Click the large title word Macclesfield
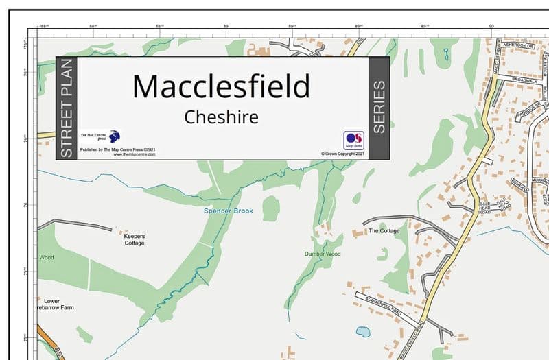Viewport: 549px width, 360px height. point(221,86)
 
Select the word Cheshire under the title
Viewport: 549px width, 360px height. point(221,117)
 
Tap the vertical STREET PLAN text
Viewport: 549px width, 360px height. point(67,108)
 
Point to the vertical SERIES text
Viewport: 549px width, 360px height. point(379,108)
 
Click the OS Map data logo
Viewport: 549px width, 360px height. point(353,140)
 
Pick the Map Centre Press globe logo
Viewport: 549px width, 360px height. point(114,136)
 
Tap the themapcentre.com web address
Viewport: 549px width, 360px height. point(135,154)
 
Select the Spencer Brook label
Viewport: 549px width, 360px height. point(228,210)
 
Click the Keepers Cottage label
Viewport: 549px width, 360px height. point(135,239)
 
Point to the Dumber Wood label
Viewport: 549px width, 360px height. point(323,254)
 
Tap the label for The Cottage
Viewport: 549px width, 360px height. point(384,231)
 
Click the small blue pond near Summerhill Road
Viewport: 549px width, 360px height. point(363,332)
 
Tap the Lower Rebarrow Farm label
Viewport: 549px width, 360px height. point(55,304)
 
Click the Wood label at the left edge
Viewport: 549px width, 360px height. point(46,258)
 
